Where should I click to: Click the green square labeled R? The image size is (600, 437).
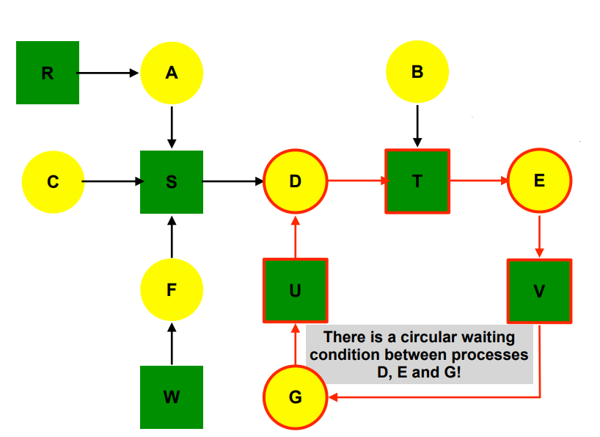48,73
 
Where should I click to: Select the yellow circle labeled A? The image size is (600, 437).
172,73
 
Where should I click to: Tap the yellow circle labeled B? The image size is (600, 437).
417,72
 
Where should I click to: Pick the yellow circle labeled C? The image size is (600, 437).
53,181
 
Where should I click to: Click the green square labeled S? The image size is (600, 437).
172,181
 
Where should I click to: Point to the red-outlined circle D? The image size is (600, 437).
295,181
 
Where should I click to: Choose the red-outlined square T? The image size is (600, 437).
417,181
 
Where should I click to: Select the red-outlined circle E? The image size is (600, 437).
540,181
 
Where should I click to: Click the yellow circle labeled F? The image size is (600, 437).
172,290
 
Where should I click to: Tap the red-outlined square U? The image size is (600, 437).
295,291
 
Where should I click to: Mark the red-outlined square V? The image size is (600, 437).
540,291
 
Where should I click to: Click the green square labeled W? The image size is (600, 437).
172,397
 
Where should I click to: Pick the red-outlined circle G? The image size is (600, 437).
295,397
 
